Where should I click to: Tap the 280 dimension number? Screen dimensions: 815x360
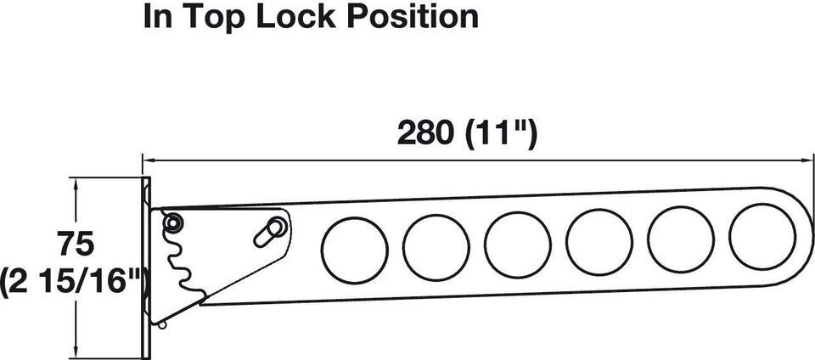click(x=425, y=134)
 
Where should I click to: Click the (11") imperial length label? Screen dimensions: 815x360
click(x=501, y=134)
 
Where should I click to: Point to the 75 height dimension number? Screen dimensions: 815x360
click(x=76, y=245)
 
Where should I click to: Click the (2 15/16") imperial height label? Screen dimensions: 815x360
click(x=76, y=283)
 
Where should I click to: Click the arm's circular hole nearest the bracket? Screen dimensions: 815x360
click(x=355, y=250)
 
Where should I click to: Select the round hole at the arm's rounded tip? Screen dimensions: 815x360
click(x=762, y=237)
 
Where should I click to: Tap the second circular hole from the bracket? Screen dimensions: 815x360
click(x=436, y=248)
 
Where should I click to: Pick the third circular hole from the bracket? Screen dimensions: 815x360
click(x=518, y=245)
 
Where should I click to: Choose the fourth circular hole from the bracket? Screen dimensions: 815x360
click(x=599, y=242)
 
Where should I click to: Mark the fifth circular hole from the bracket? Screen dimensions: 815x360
click(x=681, y=239)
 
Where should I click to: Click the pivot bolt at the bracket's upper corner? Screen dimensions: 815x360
click(x=172, y=222)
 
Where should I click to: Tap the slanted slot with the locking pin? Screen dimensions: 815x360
click(x=270, y=232)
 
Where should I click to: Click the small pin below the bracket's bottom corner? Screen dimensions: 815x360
click(x=163, y=325)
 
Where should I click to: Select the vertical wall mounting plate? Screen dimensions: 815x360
click(x=145, y=268)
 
